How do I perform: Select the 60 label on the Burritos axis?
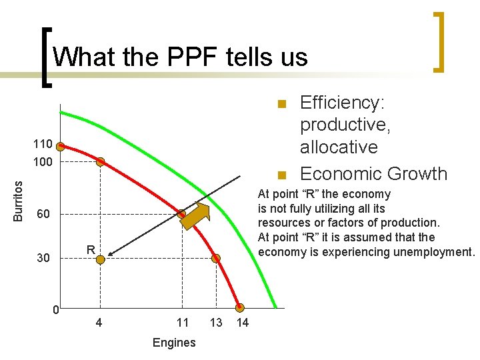(43, 215)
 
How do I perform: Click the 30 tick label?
(43, 257)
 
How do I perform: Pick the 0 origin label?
(57, 310)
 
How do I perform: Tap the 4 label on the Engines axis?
(99, 323)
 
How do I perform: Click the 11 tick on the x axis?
(183, 323)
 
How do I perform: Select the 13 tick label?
(216, 323)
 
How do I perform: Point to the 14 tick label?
(243, 323)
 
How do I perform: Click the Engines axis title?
(174, 343)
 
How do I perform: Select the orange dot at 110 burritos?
(60, 147)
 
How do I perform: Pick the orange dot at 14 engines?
(240, 308)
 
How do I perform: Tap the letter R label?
(90, 249)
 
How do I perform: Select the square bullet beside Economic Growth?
(282, 175)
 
